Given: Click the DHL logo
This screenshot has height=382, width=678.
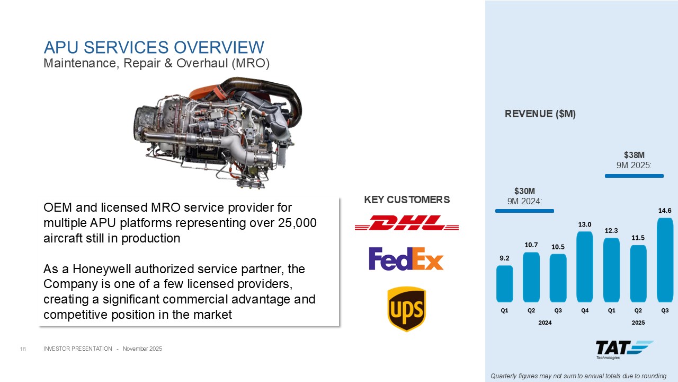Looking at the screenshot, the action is [x=406, y=223].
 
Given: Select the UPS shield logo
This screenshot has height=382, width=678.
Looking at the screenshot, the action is [x=406, y=309].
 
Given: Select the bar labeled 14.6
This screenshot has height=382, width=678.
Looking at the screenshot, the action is [x=665, y=260].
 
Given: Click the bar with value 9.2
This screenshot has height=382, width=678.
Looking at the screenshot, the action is [x=505, y=284].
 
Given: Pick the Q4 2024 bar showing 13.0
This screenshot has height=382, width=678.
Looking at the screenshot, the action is [x=585, y=267].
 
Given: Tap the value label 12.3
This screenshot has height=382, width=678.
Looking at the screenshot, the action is [x=611, y=231].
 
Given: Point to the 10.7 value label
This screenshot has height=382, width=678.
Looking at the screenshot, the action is [x=531, y=245].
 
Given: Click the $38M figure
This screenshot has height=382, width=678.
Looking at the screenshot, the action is [x=634, y=155].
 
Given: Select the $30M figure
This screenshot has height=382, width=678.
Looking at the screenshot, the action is [x=524, y=192].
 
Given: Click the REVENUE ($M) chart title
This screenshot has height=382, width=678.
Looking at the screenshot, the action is [x=540, y=114].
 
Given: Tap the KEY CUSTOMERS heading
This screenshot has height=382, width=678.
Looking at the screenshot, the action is [x=407, y=200].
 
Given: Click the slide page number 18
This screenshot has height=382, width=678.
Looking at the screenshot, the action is [x=23, y=349].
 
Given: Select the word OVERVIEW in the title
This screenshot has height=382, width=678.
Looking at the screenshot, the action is [x=219, y=47].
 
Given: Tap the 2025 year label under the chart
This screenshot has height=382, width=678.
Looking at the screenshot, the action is [x=638, y=323].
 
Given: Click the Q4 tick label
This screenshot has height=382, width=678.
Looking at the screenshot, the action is [x=585, y=310].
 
